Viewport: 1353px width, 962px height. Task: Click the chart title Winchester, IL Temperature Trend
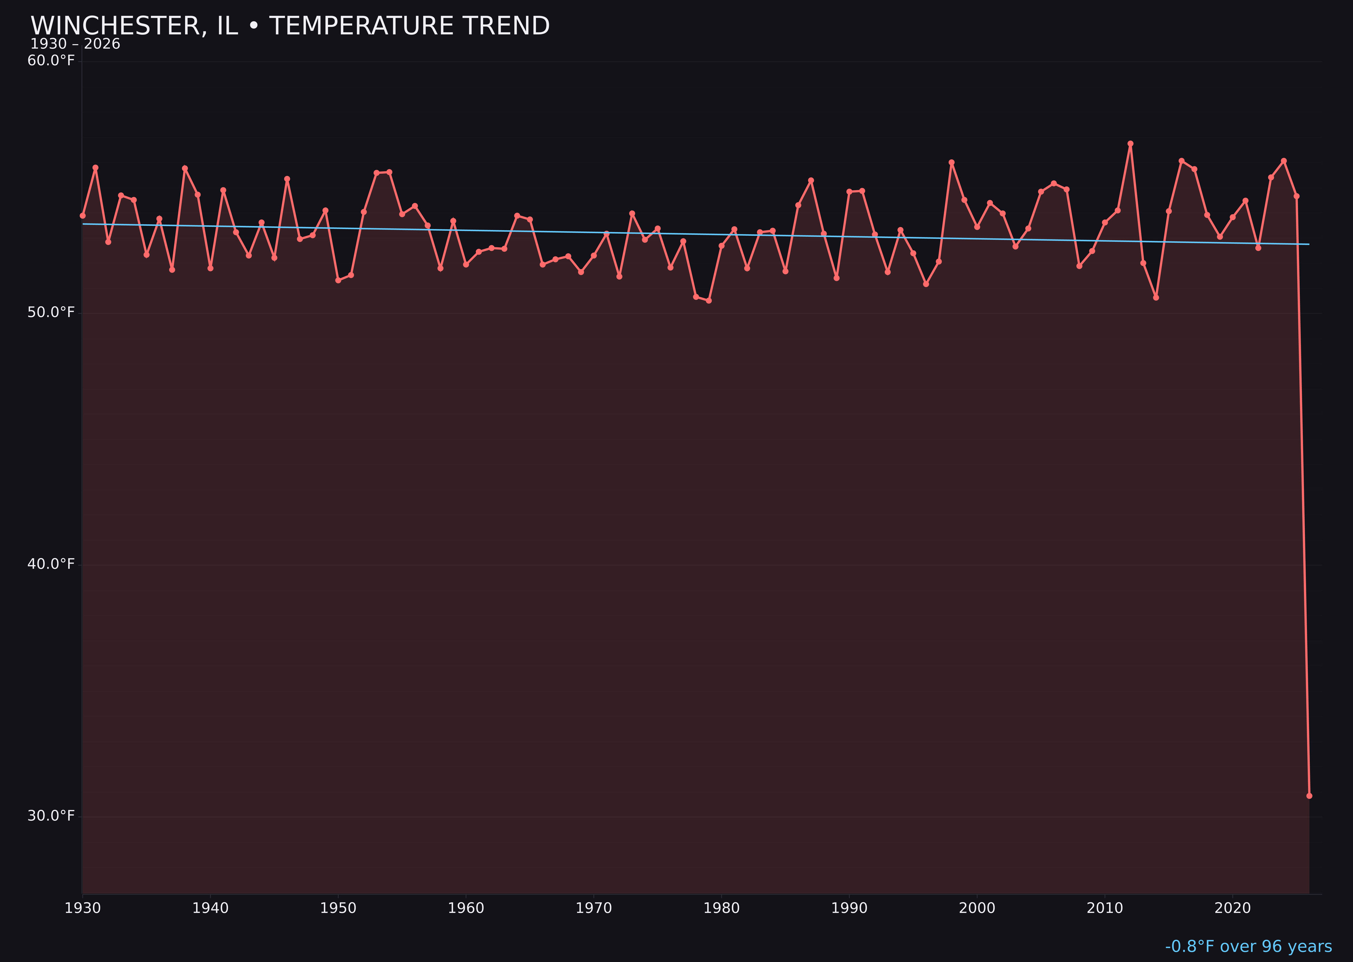(x=290, y=26)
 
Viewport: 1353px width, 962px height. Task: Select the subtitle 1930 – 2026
(x=75, y=44)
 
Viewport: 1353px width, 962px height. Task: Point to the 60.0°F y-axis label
(x=51, y=61)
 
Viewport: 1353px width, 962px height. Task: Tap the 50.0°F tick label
(x=51, y=312)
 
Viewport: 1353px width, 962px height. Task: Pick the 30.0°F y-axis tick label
(x=51, y=816)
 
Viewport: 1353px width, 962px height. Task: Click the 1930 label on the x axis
(x=83, y=908)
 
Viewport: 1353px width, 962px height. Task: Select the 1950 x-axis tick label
(x=338, y=908)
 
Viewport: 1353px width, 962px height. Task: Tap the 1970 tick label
(x=594, y=908)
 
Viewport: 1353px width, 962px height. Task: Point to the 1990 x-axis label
(x=849, y=908)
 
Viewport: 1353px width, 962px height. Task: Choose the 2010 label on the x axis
(x=1105, y=908)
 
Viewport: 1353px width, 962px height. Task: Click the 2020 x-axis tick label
(x=1233, y=908)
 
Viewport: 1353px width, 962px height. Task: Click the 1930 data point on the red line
(x=83, y=215)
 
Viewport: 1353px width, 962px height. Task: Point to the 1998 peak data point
(x=951, y=162)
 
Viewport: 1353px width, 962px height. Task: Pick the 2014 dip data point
(x=1156, y=297)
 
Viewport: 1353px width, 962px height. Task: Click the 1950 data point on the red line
(x=338, y=280)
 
